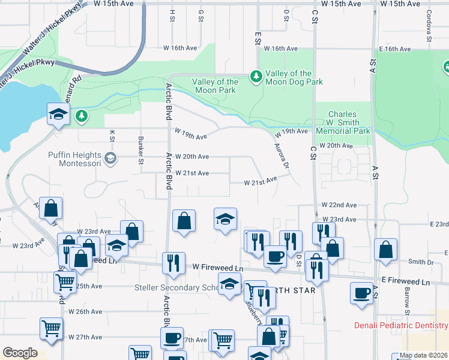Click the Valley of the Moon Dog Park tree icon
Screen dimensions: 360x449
coord(256,76)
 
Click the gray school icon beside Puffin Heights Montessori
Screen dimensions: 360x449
coord(110,158)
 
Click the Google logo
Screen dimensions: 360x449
coord(20,353)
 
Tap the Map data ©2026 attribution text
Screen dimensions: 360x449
coord(423,355)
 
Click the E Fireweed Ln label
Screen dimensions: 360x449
coord(406,281)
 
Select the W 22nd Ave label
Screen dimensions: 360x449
coord(339,205)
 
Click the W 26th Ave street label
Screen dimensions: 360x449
coord(85,311)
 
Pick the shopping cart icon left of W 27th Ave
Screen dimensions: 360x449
coord(51,329)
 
